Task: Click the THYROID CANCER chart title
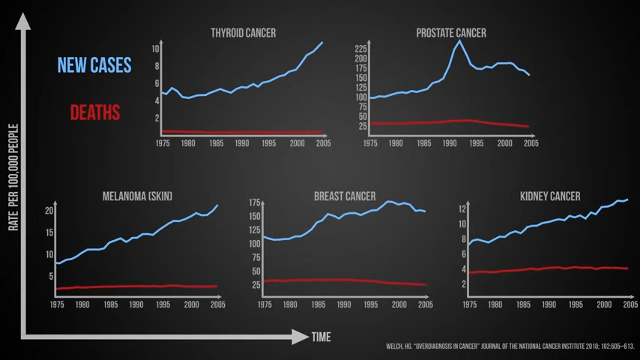coord(243,33)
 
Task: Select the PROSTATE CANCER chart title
coord(451,33)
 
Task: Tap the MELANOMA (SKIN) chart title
coord(137,196)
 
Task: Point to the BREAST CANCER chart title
coord(345,196)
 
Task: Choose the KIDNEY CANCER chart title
coord(550,196)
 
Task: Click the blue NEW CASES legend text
coord(94,65)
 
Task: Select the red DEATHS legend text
coord(95,112)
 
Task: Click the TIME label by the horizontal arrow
coord(321,337)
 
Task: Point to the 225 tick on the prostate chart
coord(360,48)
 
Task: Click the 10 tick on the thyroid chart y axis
coord(155,49)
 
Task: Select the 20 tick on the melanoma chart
coord(49,211)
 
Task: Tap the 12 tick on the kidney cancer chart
coord(462,204)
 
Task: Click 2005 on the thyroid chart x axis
coord(323,143)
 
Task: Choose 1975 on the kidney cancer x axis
coord(469,305)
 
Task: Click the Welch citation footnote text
coord(510,346)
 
